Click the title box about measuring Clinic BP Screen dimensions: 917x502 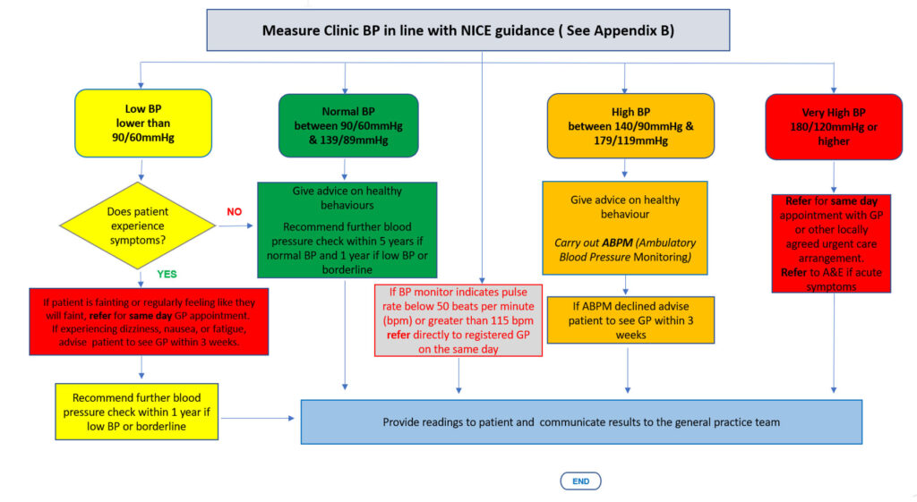[467, 30]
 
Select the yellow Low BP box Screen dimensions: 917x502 [143, 123]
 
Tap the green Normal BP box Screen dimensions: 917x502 [348, 125]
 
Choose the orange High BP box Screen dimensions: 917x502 [630, 125]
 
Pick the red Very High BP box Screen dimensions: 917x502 [834, 126]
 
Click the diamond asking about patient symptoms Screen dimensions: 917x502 [138, 225]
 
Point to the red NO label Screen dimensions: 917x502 [235, 211]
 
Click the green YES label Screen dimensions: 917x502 [167, 274]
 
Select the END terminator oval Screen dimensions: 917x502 [580, 481]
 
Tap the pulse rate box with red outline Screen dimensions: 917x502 [458, 320]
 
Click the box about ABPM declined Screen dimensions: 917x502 [630, 320]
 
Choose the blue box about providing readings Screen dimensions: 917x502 [581, 422]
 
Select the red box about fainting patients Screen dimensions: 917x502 [150, 321]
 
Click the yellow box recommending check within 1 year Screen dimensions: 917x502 [137, 412]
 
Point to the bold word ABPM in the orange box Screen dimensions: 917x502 [617, 242]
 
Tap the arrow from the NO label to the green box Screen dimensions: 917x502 [236, 225]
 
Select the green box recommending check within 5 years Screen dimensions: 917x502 [347, 230]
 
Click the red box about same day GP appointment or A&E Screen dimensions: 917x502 [831, 243]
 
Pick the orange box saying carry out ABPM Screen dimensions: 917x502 [624, 228]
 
